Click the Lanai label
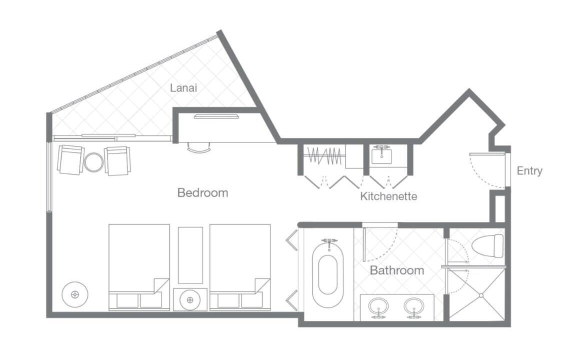(183, 88)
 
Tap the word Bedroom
(203, 192)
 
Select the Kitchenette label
(388, 196)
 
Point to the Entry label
(529, 171)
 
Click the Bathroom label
(397, 270)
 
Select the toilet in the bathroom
(488, 245)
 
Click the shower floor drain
(481, 295)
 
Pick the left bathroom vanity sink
(378, 306)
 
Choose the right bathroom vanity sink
(413, 306)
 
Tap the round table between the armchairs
(93, 162)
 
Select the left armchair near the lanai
(70, 159)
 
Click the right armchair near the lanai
(117, 161)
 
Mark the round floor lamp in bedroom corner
(75, 294)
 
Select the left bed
(139, 267)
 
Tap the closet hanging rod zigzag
(324, 156)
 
